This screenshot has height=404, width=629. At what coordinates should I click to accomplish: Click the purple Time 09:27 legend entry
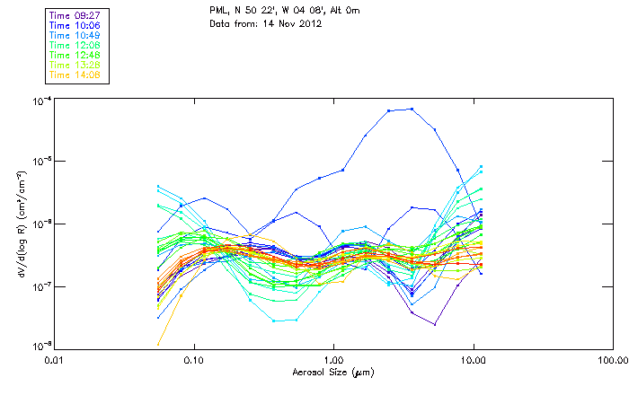point(75,15)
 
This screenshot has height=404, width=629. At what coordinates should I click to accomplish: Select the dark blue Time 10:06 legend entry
point(75,25)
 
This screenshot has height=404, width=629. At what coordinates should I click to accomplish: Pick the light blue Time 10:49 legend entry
point(75,35)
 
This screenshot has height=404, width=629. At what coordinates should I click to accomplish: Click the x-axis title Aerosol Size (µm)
point(333,371)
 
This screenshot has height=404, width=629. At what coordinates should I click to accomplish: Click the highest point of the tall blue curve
point(412,109)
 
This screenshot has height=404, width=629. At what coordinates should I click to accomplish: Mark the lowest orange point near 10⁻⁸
point(159,344)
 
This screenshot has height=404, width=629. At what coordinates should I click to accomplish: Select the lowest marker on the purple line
point(435,324)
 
